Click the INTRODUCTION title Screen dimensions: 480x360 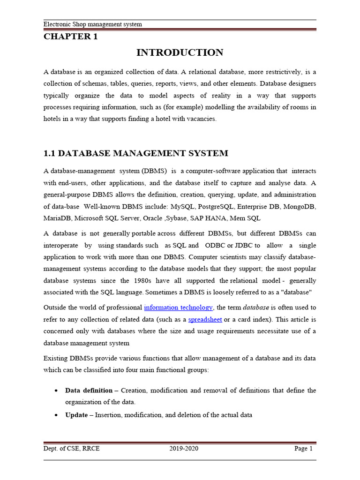tap(180, 53)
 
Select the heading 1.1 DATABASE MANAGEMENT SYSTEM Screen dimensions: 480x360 tap(136, 153)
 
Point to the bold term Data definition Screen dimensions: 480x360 tap(89, 390)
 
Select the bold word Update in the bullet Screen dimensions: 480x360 tap(76, 414)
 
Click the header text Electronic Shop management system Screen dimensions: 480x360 tap(93, 24)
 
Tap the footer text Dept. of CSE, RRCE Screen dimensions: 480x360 tap(72, 449)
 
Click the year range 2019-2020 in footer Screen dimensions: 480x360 tap(184, 449)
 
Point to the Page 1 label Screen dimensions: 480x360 tap(303, 449)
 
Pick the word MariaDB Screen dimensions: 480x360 tap(58, 218)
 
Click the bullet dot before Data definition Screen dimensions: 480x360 tap(56, 390)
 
